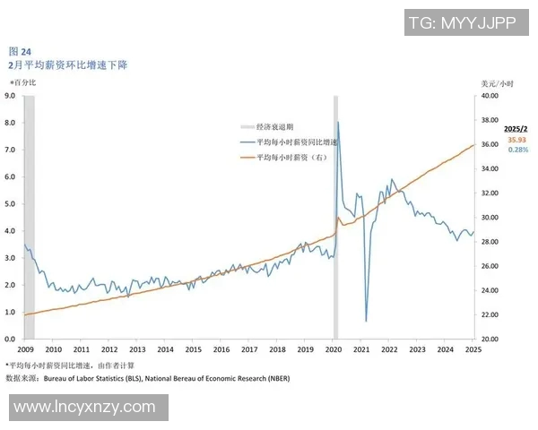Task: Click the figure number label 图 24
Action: point(19,52)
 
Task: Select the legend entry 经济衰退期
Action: point(280,127)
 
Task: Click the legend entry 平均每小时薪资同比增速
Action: point(296,142)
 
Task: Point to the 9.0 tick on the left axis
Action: point(11,95)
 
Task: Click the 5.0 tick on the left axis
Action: point(11,203)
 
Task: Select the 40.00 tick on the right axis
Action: point(490,95)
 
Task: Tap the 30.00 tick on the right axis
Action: point(490,217)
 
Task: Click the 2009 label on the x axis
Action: point(25,349)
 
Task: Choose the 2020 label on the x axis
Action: point(334,349)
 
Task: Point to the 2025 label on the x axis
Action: point(473,349)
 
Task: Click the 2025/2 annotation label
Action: point(517,129)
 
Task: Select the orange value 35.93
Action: point(517,140)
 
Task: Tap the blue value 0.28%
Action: point(517,150)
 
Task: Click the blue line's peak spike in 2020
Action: point(337,122)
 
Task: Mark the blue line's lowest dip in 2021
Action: point(366,321)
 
